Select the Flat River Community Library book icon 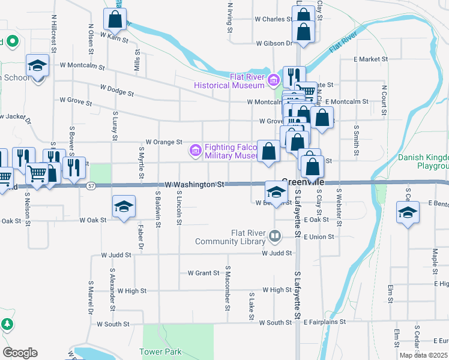click(x=275, y=237)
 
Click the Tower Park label click(x=160, y=351)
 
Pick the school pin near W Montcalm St click(x=37, y=65)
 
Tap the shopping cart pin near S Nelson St click(x=37, y=174)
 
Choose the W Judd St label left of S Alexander click(x=116, y=255)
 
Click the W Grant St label click(x=203, y=273)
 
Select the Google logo click(x=20, y=353)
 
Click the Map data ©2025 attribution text click(x=423, y=355)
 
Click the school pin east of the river click(x=408, y=213)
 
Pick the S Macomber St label click(x=228, y=289)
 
